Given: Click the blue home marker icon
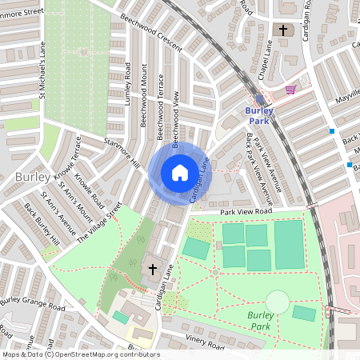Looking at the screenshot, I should tap(180, 173).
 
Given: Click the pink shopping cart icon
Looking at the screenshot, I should tap(290, 89).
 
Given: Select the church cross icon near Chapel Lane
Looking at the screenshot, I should tap(283, 30).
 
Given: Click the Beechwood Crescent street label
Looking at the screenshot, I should tap(151, 27).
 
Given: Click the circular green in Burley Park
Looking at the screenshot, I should tap(277, 302).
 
